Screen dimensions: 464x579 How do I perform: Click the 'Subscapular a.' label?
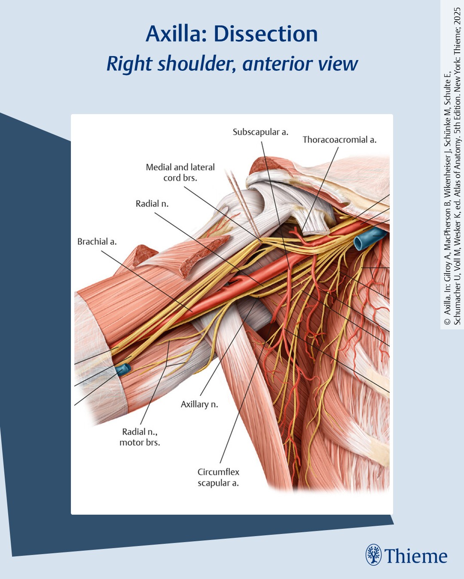[x=260, y=132]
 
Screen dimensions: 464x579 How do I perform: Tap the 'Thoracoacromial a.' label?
[x=339, y=140]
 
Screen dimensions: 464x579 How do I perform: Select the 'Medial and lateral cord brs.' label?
[x=180, y=172]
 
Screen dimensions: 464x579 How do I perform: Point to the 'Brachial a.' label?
[x=97, y=241]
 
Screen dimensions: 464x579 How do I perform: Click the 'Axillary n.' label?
[x=199, y=404]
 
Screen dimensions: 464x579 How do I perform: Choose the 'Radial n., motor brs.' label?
[x=140, y=437]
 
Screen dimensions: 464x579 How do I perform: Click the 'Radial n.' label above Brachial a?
[x=152, y=204]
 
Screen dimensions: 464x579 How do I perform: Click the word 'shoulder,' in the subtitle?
[x=196, y=64]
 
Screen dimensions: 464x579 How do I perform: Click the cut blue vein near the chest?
[x=369, y=238]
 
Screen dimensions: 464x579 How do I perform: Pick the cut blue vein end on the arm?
[x=123, y=370]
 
